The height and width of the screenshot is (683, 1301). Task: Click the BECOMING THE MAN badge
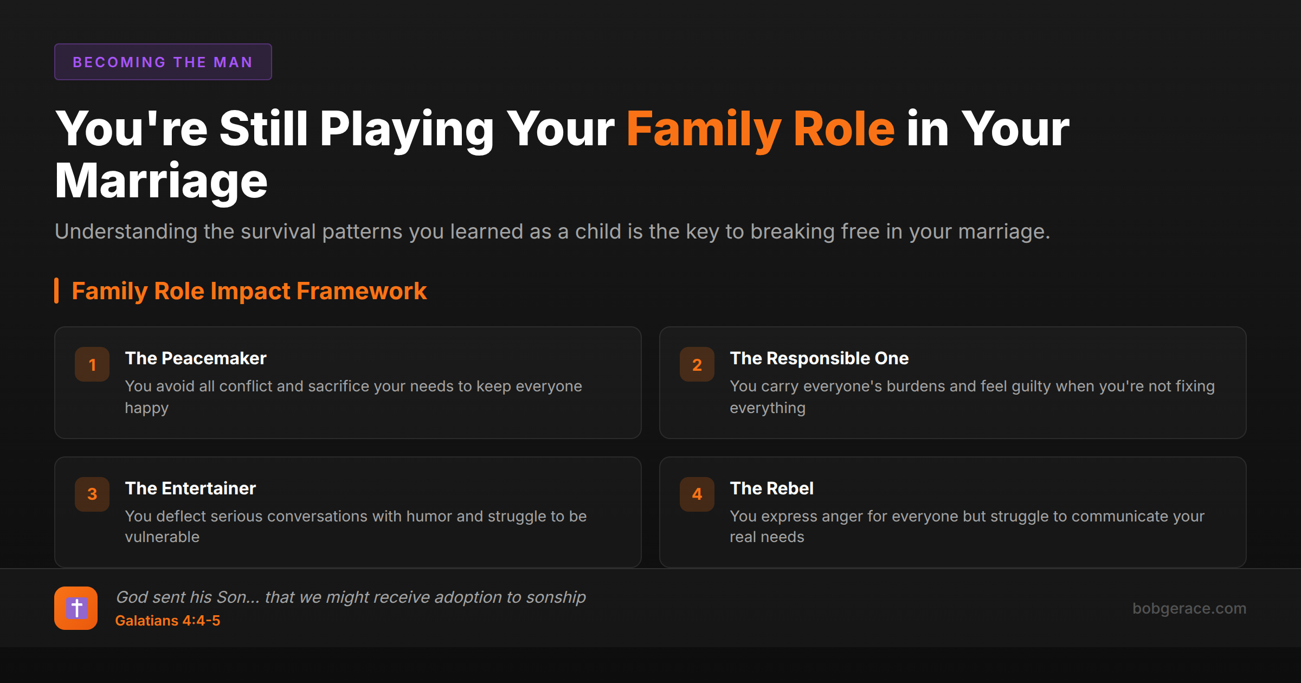point(163,62)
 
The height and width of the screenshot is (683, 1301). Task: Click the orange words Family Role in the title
point(760,129)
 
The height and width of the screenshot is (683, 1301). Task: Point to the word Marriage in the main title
point(161,181)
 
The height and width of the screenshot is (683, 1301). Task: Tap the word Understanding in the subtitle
point(126,231)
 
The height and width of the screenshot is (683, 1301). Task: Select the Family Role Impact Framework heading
point(249,291)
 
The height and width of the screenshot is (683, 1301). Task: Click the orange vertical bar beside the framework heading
point(56,291)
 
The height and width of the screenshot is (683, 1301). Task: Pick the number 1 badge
point(92,364)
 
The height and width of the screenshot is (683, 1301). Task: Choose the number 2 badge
point(697,364)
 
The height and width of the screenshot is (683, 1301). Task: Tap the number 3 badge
point(92,494)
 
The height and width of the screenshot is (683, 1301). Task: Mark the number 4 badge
point(697,494)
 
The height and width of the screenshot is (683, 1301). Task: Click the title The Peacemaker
point(196,358)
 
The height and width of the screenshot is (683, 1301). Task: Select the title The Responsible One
point(819,358)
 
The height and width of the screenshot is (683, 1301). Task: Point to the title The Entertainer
point(190,488)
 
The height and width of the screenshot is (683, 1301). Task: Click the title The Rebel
point(771,488)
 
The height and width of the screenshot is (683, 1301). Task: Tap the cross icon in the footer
point(76,608)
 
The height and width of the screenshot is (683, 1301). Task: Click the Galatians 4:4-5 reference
point(168,621)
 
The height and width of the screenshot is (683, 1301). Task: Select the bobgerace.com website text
point(1189,608)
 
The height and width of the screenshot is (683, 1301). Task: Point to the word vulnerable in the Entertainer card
point(162,537)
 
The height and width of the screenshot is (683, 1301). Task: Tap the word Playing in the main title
point(407,129)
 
